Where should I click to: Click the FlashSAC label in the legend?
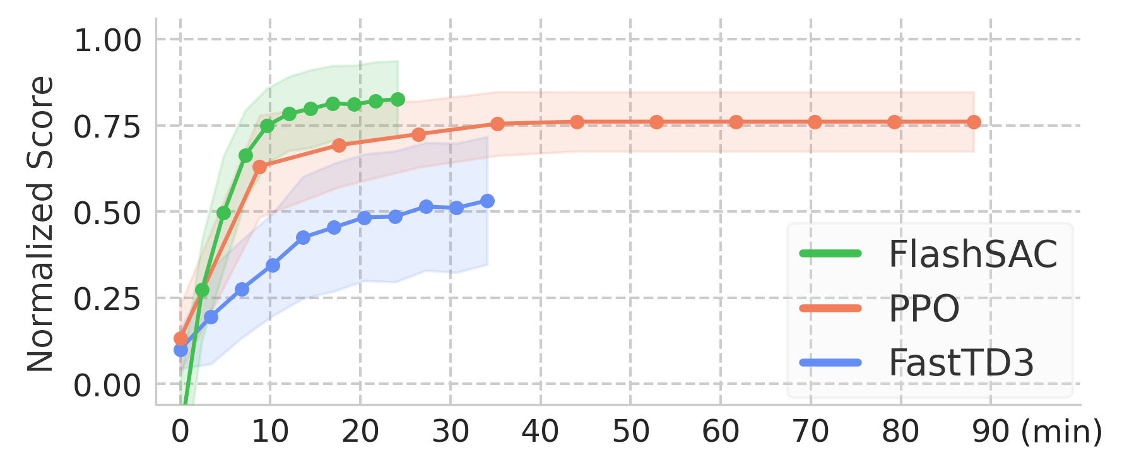[972, 254]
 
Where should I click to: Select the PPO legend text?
[924, 309]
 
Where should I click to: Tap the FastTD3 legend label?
[961, 363]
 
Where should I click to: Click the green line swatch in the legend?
[830, 254]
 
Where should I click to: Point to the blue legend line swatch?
[830, 362]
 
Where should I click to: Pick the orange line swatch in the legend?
[830, 308]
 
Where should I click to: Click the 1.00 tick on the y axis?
[108, 41]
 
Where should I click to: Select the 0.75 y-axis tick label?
[108, 127]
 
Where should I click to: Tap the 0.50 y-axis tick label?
[108, 213]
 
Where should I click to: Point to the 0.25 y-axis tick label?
[108, 299]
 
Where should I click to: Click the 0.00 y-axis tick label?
[108, 385]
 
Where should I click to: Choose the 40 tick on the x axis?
[540, 432]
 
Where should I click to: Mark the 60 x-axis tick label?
[721, 432]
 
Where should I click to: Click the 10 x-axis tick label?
[270, 432]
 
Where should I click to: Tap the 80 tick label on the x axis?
[901, 432]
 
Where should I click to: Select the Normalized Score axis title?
[40, 224]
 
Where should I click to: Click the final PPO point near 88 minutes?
[975, 122]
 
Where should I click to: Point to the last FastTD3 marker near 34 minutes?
[488, 201]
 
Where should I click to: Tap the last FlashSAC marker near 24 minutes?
[398, 100]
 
